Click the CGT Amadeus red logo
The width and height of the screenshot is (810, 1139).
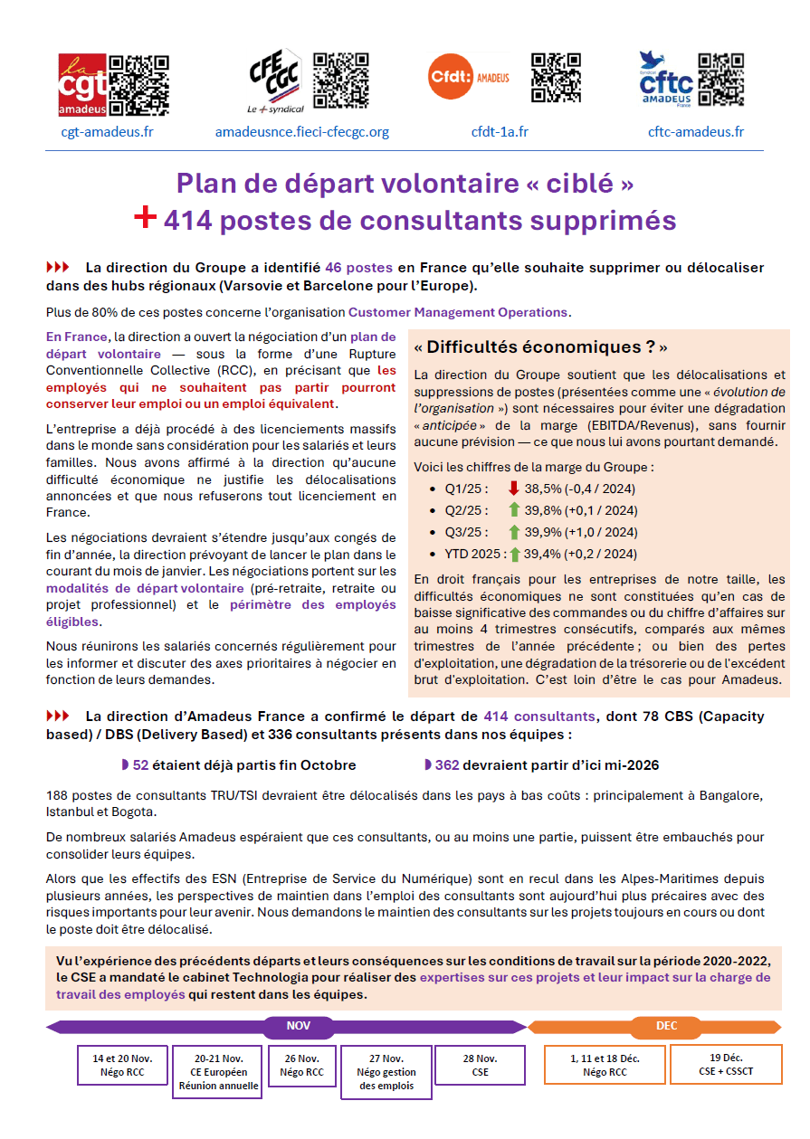(x=82, y=85)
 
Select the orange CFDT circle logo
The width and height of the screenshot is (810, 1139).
(x=449, y=76)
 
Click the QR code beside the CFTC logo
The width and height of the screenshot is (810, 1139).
(x=721, y=78)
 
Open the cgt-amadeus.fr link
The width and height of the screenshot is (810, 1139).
(x=107, y=132)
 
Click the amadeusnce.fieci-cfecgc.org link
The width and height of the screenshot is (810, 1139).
(x=301, y=132)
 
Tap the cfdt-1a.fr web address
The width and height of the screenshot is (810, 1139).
(x=500, y=132)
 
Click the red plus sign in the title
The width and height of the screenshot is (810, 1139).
(x=145, y=218)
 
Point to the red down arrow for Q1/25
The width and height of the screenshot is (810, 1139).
(x=513, y=489)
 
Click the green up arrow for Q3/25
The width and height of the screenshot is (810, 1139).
(x=513, y=532)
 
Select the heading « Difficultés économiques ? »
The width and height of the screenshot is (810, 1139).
(x=540, y=347)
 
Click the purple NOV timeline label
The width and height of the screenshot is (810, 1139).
(x=298, y=1026)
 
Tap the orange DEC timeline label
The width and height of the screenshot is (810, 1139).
(x=666, y=1026)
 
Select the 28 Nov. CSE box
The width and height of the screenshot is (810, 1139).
(x=480, y=1065)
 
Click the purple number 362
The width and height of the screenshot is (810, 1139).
(x=446, y=765)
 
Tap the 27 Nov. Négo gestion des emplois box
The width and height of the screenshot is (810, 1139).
(x=386, y=1071)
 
